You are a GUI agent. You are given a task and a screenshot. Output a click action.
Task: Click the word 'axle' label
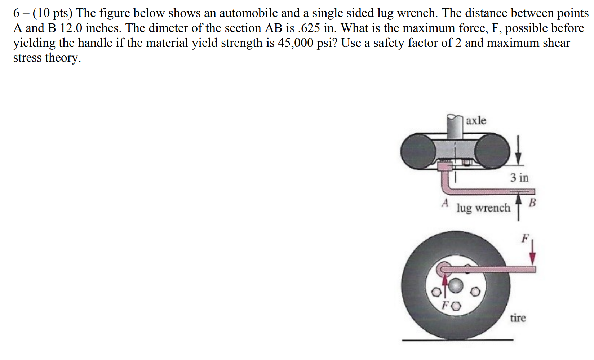click(476, 121)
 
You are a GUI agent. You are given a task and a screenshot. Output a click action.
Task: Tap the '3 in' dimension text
click(519, 178)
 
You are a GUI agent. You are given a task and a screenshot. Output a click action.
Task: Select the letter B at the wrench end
click(532, 203)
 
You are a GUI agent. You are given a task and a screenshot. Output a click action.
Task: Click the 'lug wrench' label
click(483, 208)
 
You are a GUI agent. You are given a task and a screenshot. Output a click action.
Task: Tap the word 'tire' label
click(518, 318)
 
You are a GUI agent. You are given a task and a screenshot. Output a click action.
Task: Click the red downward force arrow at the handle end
click(532, 254)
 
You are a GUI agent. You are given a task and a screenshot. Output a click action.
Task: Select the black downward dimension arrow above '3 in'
click(518, 151)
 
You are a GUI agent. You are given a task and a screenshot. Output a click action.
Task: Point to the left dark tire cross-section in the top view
click(418, 152)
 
